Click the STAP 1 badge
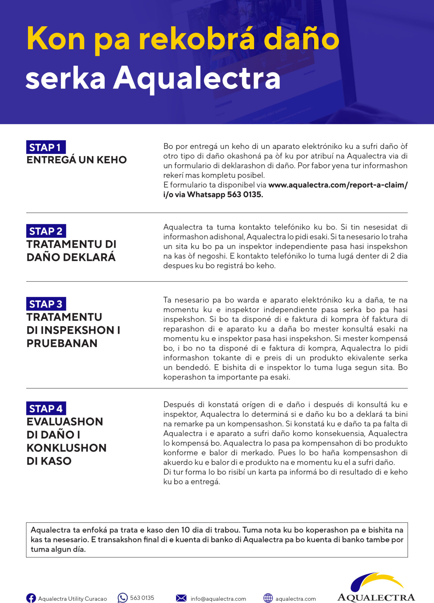(46, 147)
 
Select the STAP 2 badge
(46, 231)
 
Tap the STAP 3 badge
(46, 304)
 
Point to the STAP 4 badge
(46, 408)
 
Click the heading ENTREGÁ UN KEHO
(76, 160)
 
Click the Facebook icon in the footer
(31, 598)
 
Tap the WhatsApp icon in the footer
(122, 598)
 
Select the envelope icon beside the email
(181, 598)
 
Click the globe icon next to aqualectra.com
(268, 598)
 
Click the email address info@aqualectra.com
(218, 599)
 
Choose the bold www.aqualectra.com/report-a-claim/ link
(338, 185)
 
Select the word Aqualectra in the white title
(197, 78)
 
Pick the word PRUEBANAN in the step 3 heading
(62, 343)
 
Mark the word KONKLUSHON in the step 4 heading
(66, 448)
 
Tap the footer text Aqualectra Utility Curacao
(72, 599)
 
